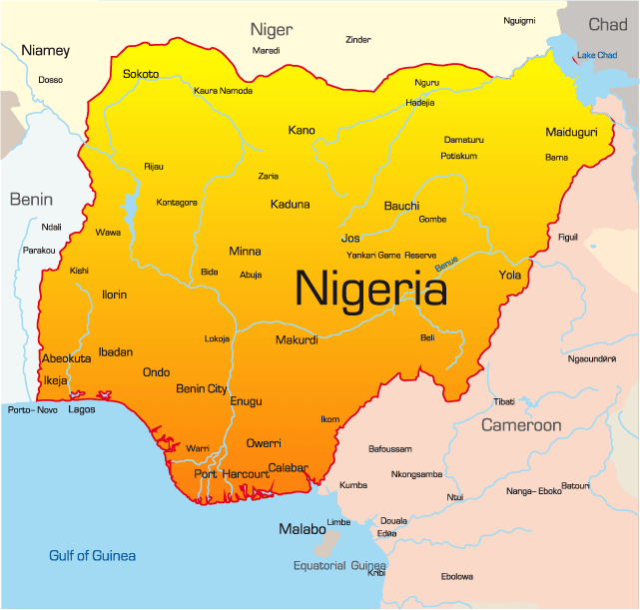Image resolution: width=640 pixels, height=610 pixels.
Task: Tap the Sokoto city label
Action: click(141, 74)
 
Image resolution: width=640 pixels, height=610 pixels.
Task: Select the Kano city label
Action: click(301, 130)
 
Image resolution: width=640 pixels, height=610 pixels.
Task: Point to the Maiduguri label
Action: click(572, 132)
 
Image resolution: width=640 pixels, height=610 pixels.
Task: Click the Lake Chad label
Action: click(596, 54)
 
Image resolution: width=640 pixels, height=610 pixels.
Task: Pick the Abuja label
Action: click(251, 275)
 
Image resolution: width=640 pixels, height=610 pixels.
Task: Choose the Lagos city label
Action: click(82, 409)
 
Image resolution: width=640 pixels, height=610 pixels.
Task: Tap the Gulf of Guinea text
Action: click(93, 555)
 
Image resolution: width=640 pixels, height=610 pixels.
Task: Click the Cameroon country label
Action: click(521, 425)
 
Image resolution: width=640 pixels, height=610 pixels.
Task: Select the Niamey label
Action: click(46, 50)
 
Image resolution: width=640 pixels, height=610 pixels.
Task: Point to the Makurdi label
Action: click(297, 340)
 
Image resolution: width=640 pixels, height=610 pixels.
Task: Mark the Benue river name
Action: click(446, 264)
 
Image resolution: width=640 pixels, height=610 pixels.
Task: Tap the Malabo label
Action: click(302, 529)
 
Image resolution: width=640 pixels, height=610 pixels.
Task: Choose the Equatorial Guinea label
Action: click(339, 565)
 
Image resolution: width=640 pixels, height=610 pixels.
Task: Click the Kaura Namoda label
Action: click(223, 91)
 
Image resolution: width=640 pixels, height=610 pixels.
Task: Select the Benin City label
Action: click(202, 388)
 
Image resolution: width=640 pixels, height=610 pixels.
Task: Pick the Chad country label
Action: click(608, 24)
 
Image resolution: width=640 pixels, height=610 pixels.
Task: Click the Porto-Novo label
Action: click(33, 410)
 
